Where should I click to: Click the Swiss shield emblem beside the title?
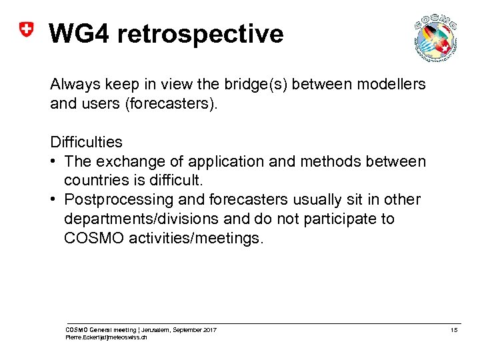pyautogui.click(x=25, y=30)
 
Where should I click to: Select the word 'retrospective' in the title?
pyautogui.click(x=201, y=33)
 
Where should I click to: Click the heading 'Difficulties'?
pyautogui.click(x=86, y=142)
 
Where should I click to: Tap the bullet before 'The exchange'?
pyautogui.click(x=54, y=161)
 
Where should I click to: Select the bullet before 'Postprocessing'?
pyautogui.click(x=54, y=200)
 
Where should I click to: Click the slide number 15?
pyautogui.click(x=453, y=330)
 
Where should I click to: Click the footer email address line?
pyautogui.click(x=107, y=337)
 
